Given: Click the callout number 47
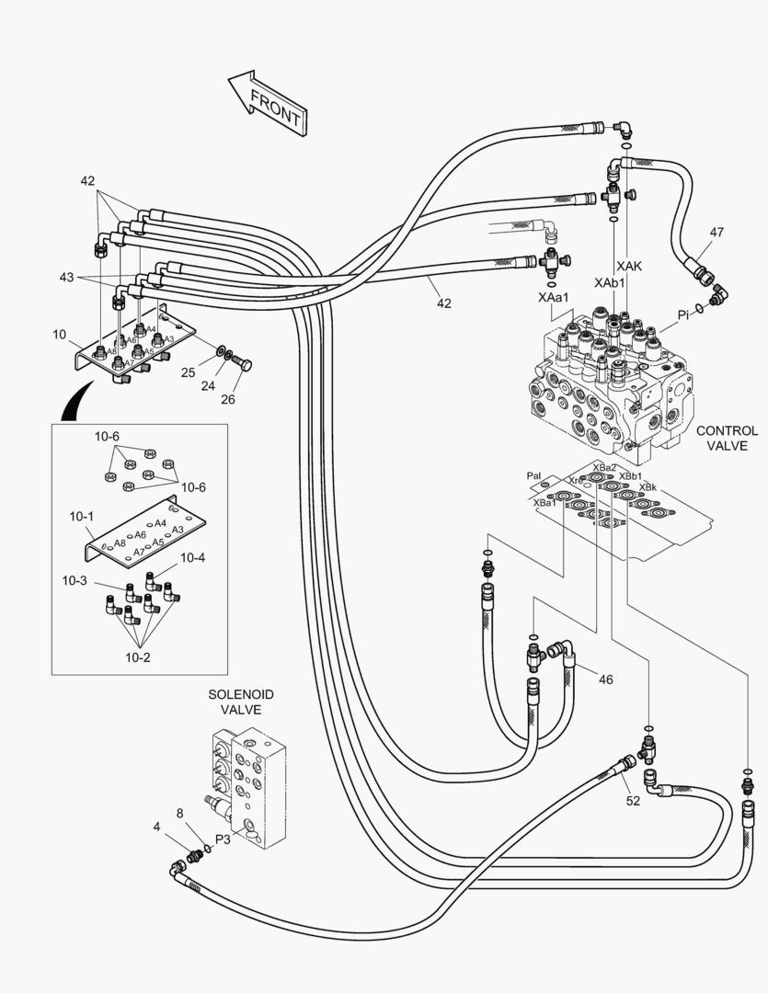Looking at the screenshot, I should pos(716,234).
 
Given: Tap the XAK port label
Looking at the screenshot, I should pos(629,266).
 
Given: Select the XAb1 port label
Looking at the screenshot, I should pos(610,282).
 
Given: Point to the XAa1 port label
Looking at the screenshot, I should pos(555,297).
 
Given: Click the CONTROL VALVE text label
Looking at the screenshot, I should pos(726,438).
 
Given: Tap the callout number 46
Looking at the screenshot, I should pos(605,679).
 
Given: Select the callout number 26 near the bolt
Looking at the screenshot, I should pos(229,398).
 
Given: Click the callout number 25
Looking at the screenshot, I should pos(188,372).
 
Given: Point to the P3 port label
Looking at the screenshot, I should pos(223,839).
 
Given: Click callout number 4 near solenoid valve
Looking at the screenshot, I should pos(157,827).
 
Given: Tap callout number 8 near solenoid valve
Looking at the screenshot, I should pos(180,813).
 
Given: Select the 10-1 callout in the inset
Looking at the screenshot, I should pos(82,518).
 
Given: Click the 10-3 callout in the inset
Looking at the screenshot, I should pos(75,582).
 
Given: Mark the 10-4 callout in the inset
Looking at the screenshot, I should pos(192,557).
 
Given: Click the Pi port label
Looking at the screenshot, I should pos(683,315).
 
